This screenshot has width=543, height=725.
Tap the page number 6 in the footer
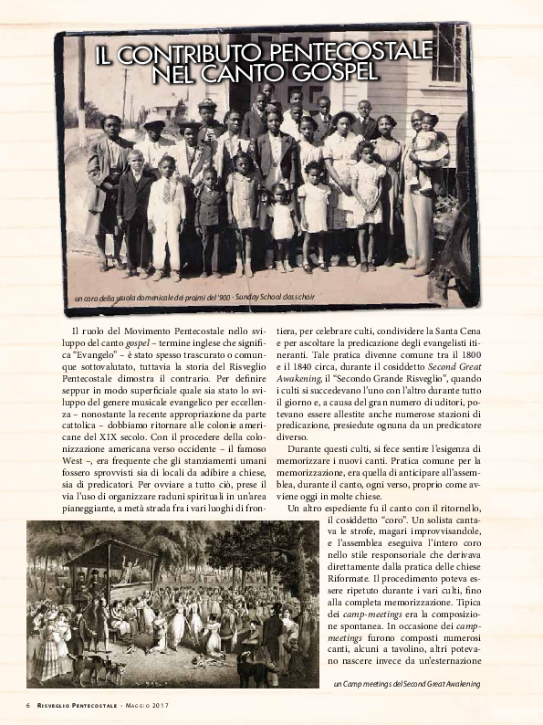click(28, 705)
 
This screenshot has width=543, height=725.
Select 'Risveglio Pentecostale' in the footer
click(77, 705)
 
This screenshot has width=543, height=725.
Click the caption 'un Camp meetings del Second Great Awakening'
click(405, 683)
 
